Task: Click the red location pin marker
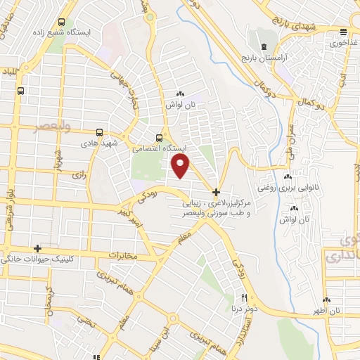pyautogui.click(x=181, y=165)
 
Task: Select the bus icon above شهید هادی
pyautogui.click(x=98, y=131)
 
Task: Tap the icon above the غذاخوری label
pyautogui.click(x=343, y=32)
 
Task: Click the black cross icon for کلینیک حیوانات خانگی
pyautogui.click(x=38, y=249)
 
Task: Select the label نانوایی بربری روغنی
pyautogui.click(x=285, y=188)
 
